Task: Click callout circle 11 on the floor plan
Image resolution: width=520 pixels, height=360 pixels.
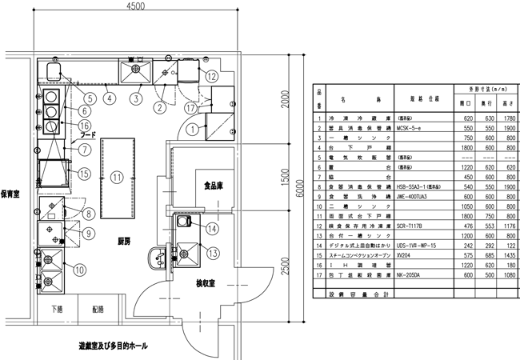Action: [116, 177]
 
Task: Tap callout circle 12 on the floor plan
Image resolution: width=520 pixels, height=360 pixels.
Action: [210, 77]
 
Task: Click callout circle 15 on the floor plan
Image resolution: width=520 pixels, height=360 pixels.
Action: [82, 174]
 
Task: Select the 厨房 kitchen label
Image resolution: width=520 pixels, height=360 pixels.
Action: [123, 241]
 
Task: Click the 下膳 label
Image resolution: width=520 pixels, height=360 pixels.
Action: [58, 309]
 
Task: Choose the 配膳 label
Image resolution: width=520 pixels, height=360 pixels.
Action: [98, 309]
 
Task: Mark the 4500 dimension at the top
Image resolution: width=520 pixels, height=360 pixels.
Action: [134, 6]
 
